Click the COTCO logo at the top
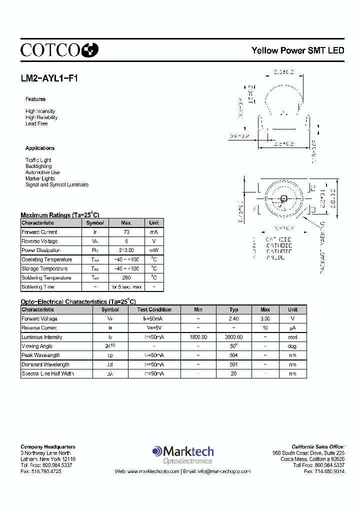click(59, 49)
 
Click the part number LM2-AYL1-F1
click(49, 78)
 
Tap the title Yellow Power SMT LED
click(297, 50)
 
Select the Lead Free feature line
click(36, 124)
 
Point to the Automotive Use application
click(42, 172)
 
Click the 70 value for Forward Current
click(126, 232)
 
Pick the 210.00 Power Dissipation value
click(126, 250)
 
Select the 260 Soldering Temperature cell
click(126, 277)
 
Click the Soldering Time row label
click(38, 287)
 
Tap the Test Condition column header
click(154, 309)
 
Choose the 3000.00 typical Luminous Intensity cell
click(233, 337)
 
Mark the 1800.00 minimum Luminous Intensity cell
click(198, 337)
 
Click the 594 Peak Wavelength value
click(233, 355)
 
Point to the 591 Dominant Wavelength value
click(233, 364)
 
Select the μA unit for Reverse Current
click(292, 328)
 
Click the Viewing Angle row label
click(37, 346)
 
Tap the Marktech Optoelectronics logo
click(182, 455)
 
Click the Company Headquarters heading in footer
click(48, 446)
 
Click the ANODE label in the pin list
click(275, 257)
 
